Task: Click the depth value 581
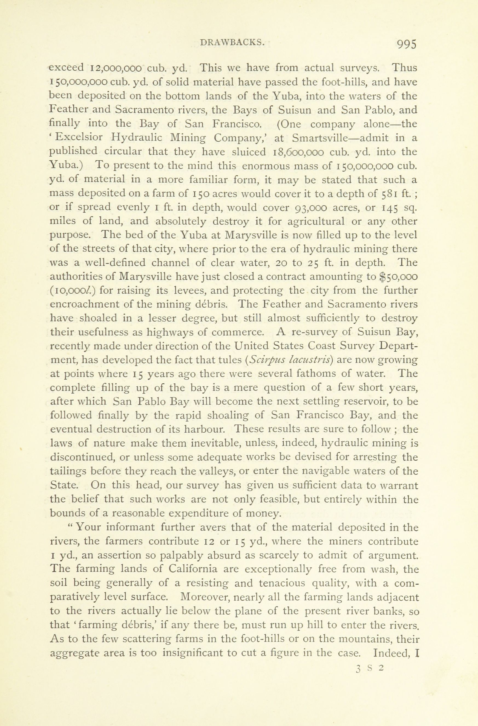coord(391,194)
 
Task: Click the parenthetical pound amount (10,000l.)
coord(73,291)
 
